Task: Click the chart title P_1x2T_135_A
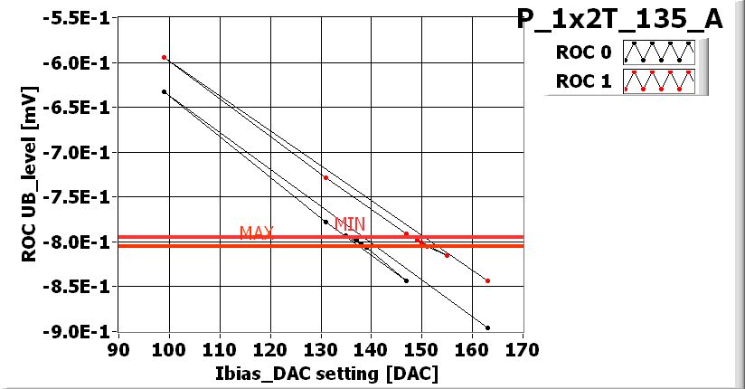click(619, 20)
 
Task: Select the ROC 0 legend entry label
click(584, 52)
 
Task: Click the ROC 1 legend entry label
click(584, 81)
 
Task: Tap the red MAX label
click(257, 232)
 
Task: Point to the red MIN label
click(350, 223)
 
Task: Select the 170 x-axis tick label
click(523, 349)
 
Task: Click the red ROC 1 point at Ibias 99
click(164, 57)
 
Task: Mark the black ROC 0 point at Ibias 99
click(164, 91)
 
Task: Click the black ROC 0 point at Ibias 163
click(487, 327)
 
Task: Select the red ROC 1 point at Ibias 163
click(487, 280)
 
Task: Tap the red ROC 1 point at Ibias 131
click(325, 177)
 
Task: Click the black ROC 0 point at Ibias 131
click(325, 222)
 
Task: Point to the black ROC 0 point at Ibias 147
click(406, 280)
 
